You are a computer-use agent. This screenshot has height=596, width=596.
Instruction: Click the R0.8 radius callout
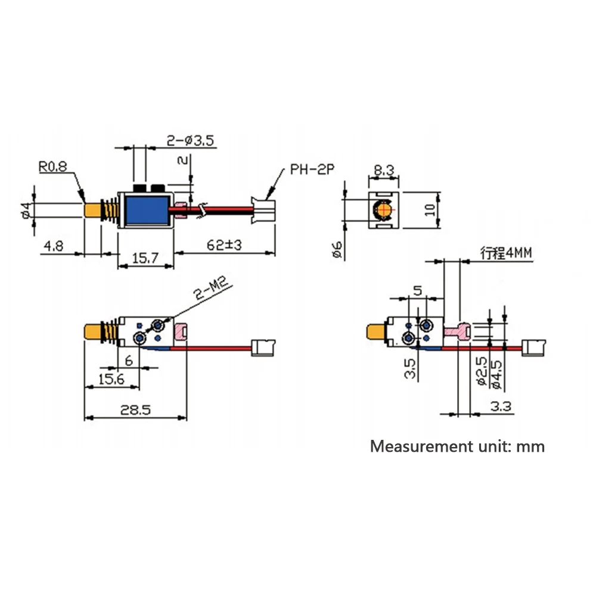coord(53,166)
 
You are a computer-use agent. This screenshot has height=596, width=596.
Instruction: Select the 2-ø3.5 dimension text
coord(191,141)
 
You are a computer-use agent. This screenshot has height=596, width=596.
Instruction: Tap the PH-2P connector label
coord(312,169)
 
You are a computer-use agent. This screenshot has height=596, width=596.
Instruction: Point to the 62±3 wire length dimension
coord(224,245)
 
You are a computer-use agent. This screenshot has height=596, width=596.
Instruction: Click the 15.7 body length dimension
coord(145,259)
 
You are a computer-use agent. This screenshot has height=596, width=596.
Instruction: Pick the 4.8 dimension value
coord(54,246)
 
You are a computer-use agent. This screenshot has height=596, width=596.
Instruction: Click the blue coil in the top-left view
coord(147,210)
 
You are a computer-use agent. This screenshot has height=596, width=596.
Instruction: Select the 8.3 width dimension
coord(383,170)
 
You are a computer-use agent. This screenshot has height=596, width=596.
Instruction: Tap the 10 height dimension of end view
coord(430,209)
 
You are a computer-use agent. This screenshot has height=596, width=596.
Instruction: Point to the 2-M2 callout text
coord(211,288)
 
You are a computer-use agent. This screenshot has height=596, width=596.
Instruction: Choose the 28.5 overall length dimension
coord(135,410)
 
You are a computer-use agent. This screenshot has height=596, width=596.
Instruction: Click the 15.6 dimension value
coord(111,379)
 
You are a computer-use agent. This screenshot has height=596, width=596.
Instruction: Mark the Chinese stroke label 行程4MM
coord(506,253)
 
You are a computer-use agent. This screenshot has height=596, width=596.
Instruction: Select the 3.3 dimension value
coord(501,406)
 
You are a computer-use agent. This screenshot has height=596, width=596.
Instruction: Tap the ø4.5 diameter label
coord(496,374)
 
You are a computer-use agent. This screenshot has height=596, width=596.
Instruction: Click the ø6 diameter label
coord(337,250)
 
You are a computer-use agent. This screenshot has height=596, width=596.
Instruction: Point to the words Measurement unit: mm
coord(457,446)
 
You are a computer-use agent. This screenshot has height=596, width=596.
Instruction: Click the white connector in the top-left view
coord(263,210)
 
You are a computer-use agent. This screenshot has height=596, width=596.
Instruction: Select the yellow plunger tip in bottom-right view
coord(376,333)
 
